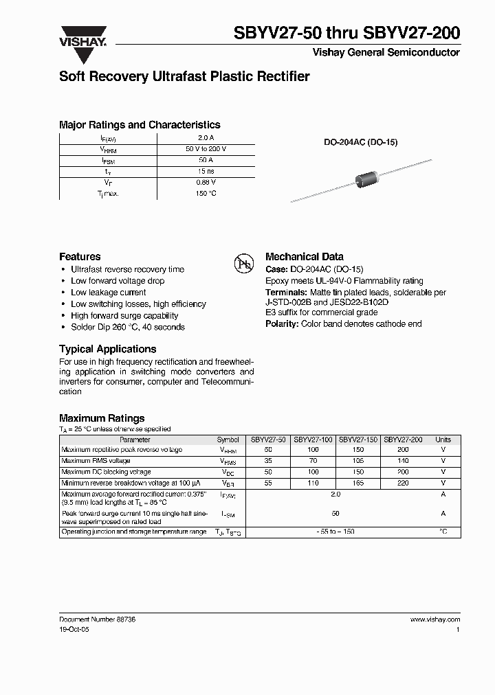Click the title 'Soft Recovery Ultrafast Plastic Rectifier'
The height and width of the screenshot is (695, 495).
[x=184, y=77]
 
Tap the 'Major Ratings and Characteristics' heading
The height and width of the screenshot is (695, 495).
[x=140, y=125]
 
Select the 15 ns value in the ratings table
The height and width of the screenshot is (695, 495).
[x=206, y=171]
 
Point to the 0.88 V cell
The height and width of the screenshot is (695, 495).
[x=206, y=182]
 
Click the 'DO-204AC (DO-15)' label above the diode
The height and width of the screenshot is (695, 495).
[x=361, y=142]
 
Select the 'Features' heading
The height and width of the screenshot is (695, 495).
[x=80, y=256]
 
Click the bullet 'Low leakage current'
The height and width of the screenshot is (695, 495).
[x=108, y=293]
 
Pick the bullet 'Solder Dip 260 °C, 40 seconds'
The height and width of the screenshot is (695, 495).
[x=127, y=328]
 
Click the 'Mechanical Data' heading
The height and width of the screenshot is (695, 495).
[x=304, y=256]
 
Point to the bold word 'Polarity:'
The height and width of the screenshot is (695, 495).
[x=282, y=324]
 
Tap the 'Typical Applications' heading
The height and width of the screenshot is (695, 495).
[x=107, y=349]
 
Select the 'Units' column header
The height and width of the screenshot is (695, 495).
[x=443, y=440]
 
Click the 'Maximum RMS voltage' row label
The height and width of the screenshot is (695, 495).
[x=96, y=461]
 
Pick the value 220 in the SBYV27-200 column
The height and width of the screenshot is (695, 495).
[x=403, y=483]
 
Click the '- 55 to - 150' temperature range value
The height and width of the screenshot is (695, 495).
[x=335, y=532]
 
